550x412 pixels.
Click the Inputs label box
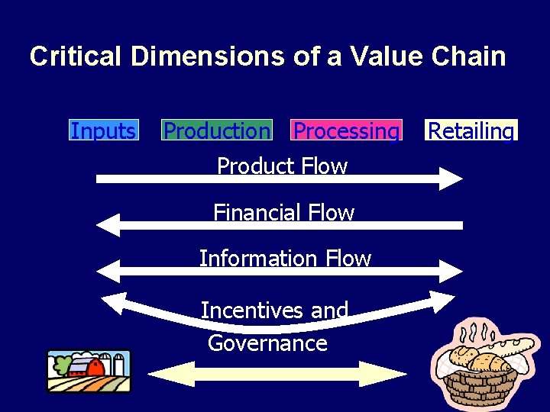pyautogui.click(x=103, y=130)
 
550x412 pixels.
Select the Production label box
pyautogui.click(x=217, y=130)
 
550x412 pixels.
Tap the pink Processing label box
pyautogui.click(x=346, y=130)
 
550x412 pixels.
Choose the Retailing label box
pyautogui.click(x=471, y=130)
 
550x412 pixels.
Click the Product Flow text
pyautogui.click(x=282, y=166)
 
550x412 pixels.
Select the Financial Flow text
pyautogui.click(x=283, y=212)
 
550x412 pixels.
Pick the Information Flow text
pyautogui.click(x=285, y=259)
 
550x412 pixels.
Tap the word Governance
pyautogui.click(x=267, y=343)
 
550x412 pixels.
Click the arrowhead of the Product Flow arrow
pyautogui.click(x=449, y=179)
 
